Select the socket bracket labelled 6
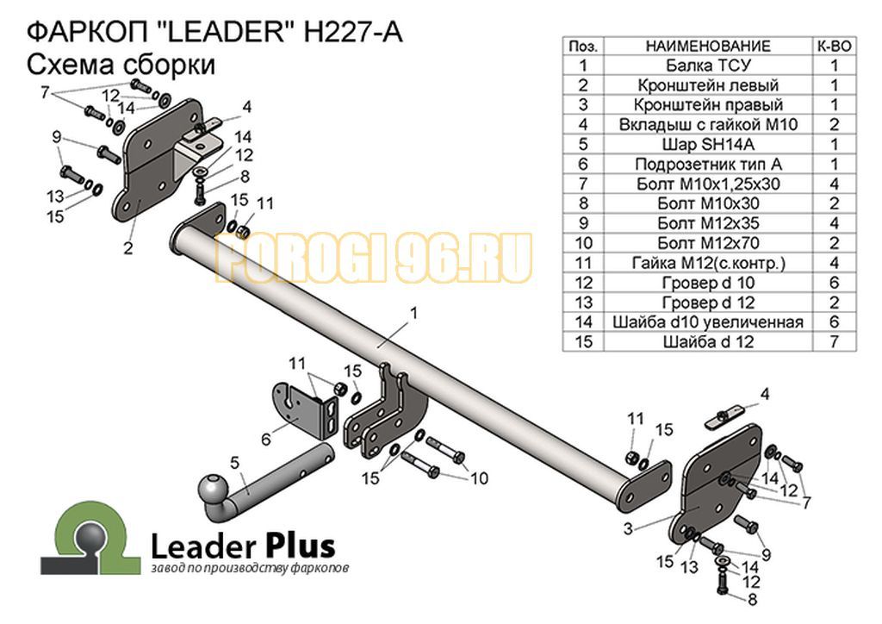pos(307,410)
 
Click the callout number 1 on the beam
pos(414,312)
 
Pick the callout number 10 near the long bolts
pos(479,478)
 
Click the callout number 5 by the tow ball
pos(234,463)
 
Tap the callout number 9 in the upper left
pos(56,136)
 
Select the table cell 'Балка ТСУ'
pos(708,66)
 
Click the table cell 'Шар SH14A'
pos(708,144)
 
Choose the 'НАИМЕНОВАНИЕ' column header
pos(708,47)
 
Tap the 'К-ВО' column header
pos(834,47)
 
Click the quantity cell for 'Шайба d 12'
pos(834,341)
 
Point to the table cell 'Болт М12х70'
pos(708,243)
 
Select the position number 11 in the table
pos(583,263)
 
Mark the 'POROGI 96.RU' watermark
pos(374,258)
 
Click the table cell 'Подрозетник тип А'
pos(708,164)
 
